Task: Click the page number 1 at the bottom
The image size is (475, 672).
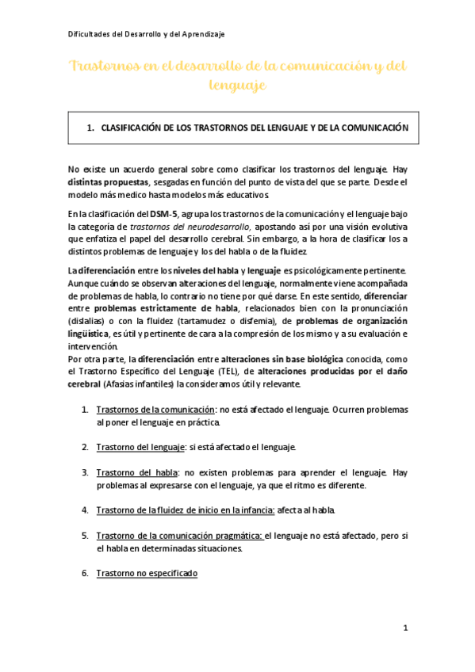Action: click(404, 628)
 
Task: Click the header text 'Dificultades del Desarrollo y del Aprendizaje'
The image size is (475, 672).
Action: click(146, 33)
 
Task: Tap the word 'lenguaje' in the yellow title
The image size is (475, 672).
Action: click(237, 83)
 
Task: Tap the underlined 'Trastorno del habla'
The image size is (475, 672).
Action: click(136, 472)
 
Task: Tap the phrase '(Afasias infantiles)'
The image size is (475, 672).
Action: click(138, 383)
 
